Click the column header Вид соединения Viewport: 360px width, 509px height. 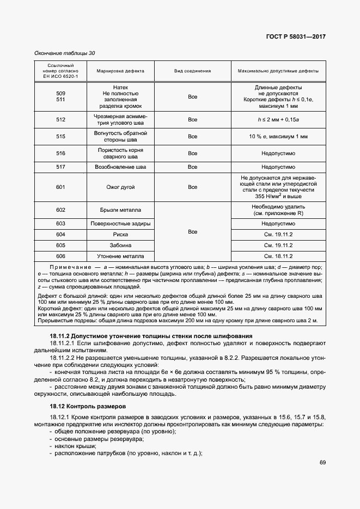tap(192, 71)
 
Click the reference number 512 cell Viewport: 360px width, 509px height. tap(60, 120)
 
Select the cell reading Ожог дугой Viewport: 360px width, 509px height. tap(120, 187)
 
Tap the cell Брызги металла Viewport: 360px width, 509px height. tap(120, 210)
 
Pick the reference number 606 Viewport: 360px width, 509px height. tap(60, 256)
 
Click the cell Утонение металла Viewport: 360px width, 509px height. tap(120, 256)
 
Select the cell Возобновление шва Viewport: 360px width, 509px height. tap(120, 167)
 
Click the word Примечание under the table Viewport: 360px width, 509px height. tap(70, 268)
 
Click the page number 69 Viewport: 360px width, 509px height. tap(322, 463)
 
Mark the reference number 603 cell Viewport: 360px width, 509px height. tap(60, 224)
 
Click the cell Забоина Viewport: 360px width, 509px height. tap(120, 246)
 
